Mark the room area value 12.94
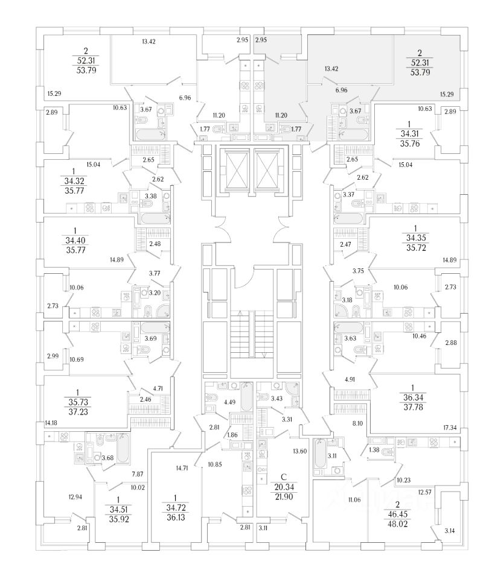[x=75, y=497]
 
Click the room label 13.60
[x=299, y=452]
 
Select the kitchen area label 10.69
[x=76, y=360]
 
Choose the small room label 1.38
[x=374, y=451]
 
